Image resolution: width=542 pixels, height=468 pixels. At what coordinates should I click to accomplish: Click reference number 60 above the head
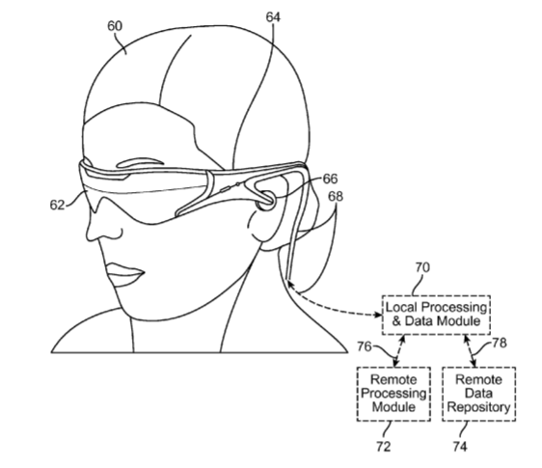[x=115, y=26]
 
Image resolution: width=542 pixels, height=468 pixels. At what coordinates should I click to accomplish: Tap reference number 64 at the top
[x=273, y=17]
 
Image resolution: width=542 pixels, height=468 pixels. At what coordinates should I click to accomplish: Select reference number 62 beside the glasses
[x=57, y=205]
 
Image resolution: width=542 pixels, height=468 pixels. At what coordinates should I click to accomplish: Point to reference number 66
[x=330, y=179]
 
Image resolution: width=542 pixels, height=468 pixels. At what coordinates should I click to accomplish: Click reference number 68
[x=336, y=196]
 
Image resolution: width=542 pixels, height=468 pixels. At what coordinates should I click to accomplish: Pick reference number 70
[x=422, y=267]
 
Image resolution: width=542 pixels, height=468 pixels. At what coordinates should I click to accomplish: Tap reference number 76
[x=365, y=346]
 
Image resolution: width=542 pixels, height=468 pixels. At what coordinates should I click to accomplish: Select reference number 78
[x=500, y=343]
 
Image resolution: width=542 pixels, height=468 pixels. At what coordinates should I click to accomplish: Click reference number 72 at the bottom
[x=383, y=447]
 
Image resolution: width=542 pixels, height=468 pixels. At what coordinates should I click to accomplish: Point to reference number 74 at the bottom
[x=460, y=447]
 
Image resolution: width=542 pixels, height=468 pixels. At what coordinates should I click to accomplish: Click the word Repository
[x=478, y=407]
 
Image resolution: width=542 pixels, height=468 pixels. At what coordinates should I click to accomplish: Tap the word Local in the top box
[x=401, y=307]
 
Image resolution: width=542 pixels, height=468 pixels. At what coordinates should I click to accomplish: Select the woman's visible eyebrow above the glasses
[x=140, y=162]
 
